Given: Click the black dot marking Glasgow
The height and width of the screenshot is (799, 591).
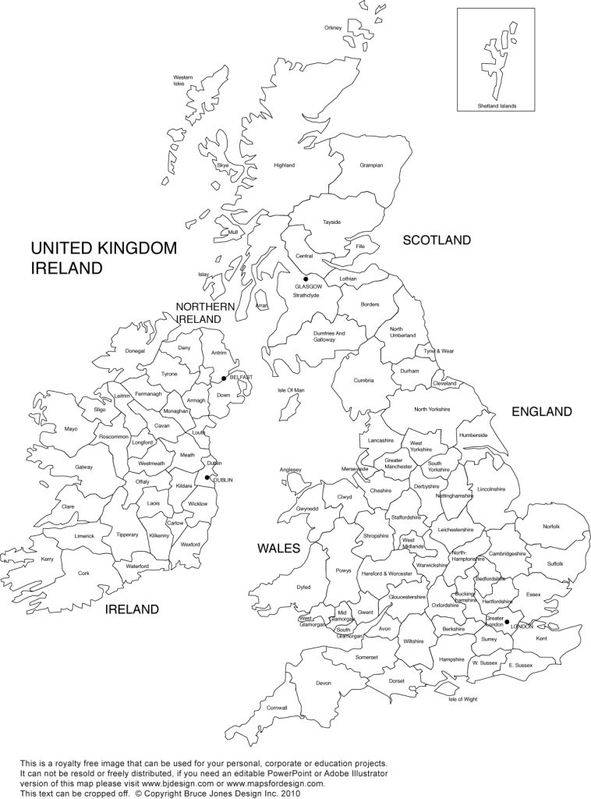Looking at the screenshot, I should (306, 279).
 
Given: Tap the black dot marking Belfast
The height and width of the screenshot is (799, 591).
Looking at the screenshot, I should (224, 378).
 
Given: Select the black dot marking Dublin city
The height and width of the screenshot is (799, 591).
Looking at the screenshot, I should (207, 478).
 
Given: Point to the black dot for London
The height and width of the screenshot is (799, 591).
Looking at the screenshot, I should (507, 622).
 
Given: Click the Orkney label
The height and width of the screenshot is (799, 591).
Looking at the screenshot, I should (333, 28).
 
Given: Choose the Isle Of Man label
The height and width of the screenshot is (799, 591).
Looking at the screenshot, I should (290, 390).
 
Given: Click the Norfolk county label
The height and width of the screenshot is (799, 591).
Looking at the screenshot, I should (551, 527).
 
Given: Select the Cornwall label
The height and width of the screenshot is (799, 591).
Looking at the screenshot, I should (277, 708).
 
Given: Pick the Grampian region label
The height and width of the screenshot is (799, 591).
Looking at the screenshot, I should (371, 165).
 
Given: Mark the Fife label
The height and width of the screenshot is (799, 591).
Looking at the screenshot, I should (359, 247).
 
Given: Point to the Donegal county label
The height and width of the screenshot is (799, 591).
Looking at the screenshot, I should (135, 351).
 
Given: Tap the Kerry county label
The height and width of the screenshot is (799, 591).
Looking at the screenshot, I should (48, 559).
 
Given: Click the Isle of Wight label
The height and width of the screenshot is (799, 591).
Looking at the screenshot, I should (462, 699).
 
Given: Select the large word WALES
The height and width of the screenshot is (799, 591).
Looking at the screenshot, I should (278, 549).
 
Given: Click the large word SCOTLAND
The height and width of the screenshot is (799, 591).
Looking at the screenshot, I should (437, 240).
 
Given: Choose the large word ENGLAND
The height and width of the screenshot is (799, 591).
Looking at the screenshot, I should (541, 411).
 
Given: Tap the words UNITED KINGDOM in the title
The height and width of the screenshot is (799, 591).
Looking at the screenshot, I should (104, 248).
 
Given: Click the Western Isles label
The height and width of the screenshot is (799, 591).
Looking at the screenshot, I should (183, 80).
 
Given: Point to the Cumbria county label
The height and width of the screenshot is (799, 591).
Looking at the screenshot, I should (363, 381).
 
